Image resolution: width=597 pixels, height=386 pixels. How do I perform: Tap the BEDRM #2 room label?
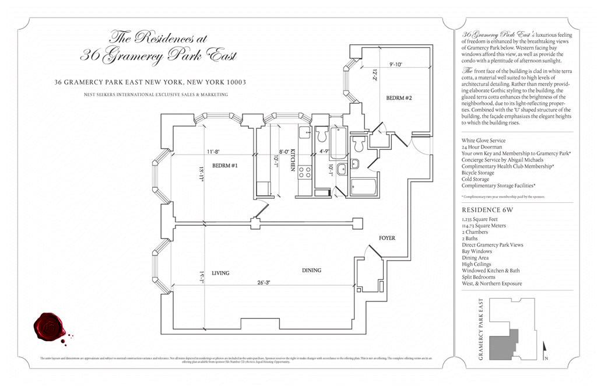pos(399,97)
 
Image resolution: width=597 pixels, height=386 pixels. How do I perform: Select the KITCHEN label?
pos(293,158)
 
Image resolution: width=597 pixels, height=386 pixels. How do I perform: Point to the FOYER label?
pos(387,238)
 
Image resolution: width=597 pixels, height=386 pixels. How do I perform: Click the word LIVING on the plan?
pos(220,273)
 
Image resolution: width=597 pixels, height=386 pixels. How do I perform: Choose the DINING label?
pos(311,270)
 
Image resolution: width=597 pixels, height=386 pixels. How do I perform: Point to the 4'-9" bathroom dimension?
pos(324,152)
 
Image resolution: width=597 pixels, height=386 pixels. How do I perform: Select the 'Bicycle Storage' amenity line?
pos(478,173)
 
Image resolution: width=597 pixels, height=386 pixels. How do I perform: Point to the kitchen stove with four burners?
pos(304,172)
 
